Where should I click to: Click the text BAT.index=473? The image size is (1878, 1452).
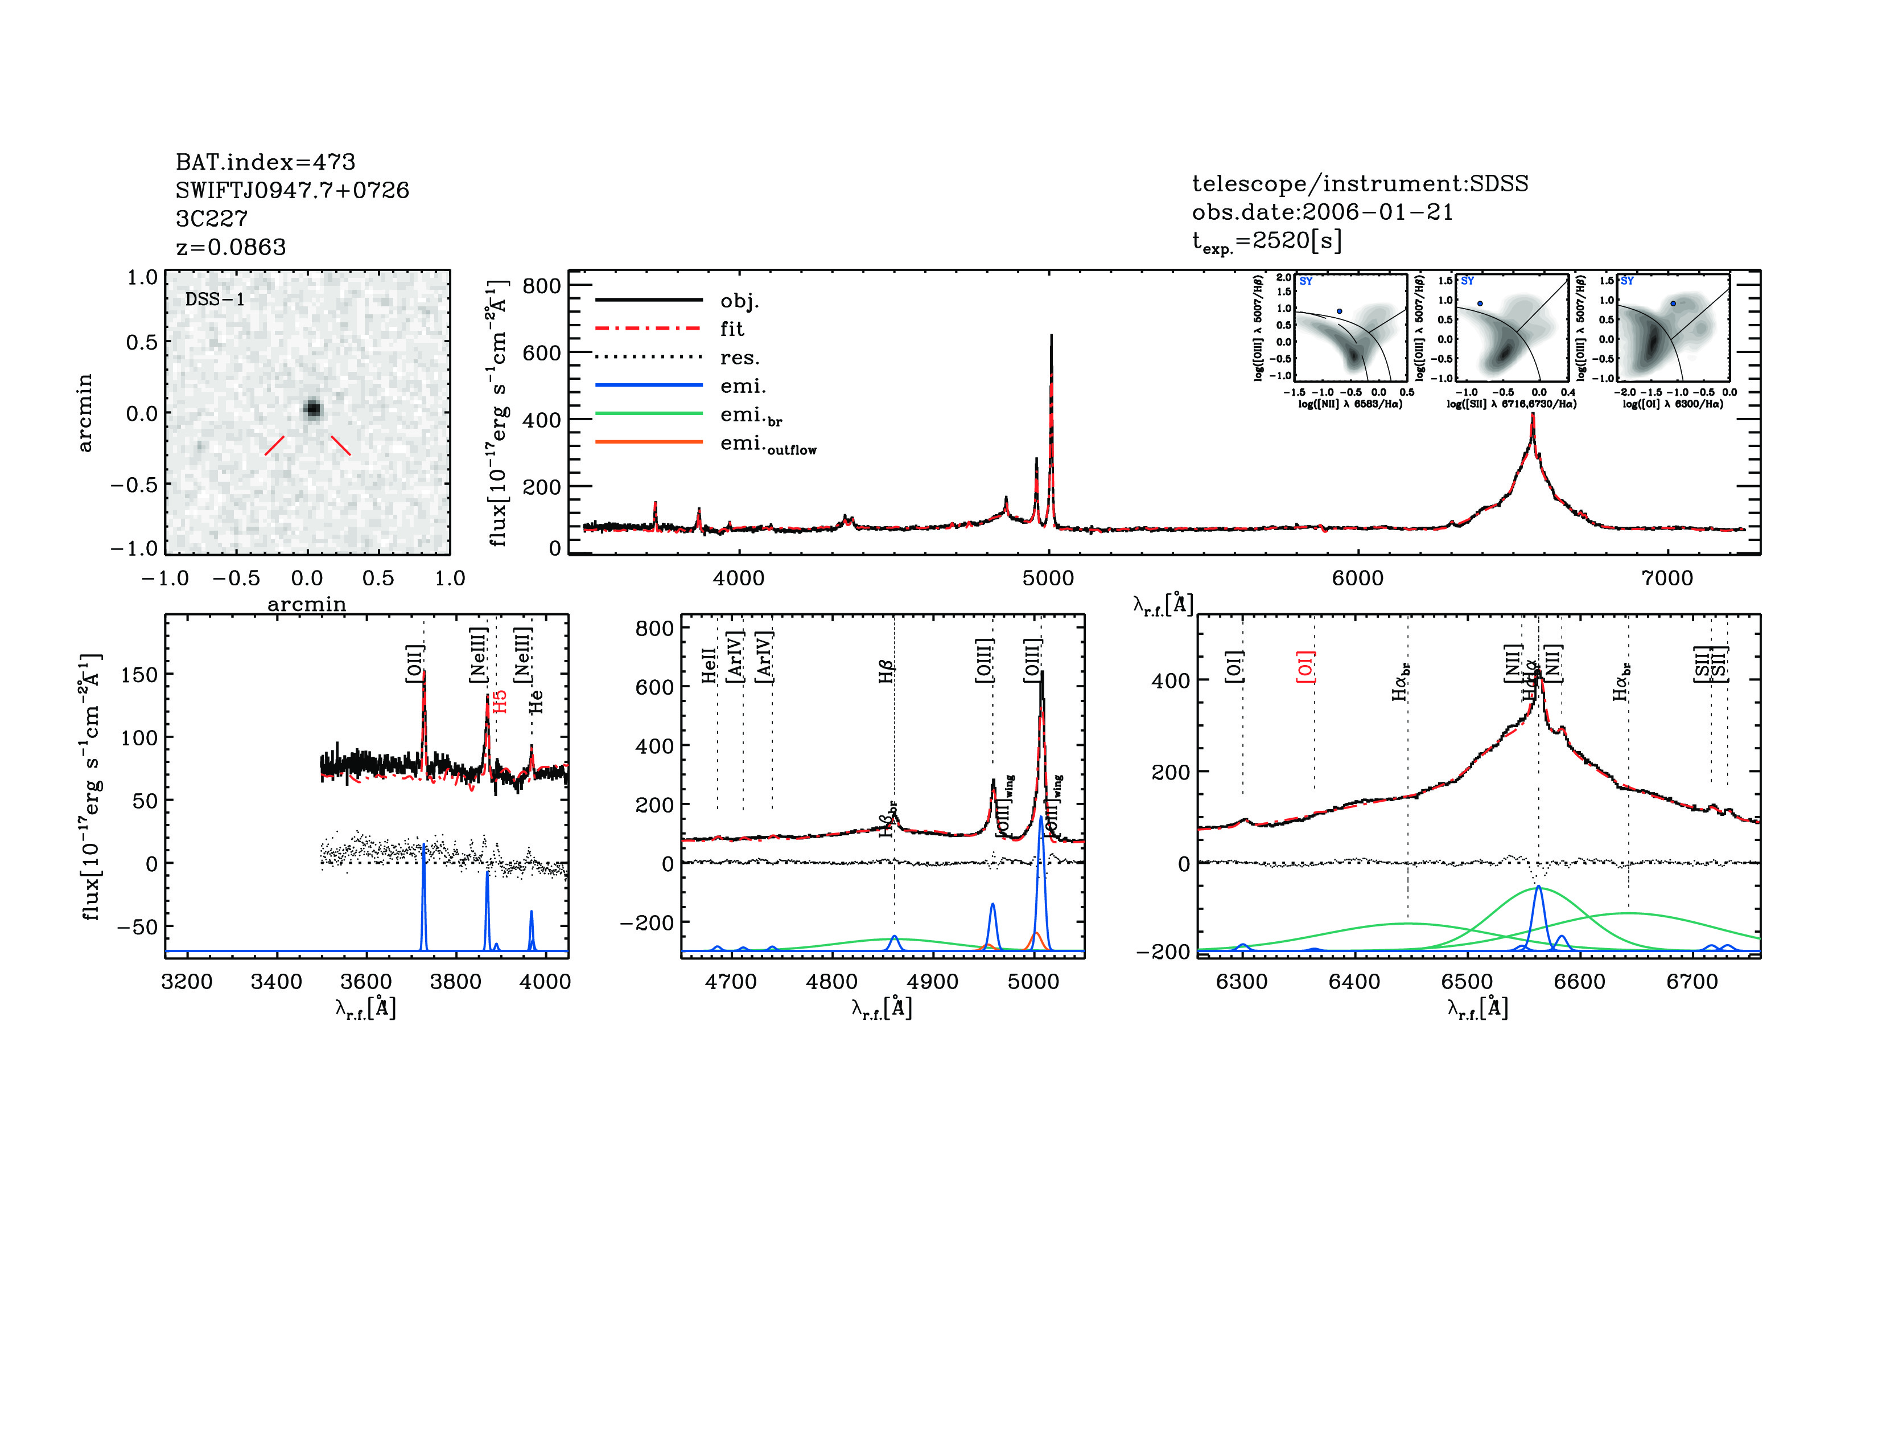[265, 162]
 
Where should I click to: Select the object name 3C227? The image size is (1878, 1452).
[212, 219]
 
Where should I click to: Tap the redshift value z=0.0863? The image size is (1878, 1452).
[230, 247]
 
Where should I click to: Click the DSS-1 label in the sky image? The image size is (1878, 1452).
[215, 300]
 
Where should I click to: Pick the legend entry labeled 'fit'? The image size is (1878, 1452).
[732, 329]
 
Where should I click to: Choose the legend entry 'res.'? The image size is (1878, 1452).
[739, 357]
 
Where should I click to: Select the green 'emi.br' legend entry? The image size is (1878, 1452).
[751, 416]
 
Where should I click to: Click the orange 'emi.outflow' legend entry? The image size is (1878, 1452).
[767, 445]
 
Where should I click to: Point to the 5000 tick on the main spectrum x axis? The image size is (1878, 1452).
[1048, 578]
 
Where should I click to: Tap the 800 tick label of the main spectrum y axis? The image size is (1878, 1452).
[542, 286]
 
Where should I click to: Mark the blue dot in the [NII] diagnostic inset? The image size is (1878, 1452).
[1339, 310]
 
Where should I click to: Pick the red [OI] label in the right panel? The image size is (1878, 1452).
[1305, 667]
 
